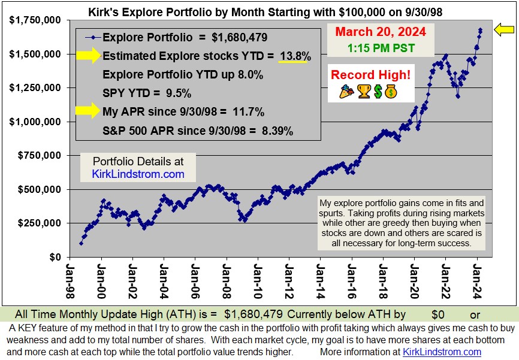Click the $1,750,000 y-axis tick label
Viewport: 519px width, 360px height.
pos(35,20)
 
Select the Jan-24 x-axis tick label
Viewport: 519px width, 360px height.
pos(477,279)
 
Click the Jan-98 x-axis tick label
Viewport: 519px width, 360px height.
pos(70,279)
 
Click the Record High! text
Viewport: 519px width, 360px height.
pos(370,75)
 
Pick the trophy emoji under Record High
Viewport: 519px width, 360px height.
pos(363,92)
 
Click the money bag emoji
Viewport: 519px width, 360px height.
pos(391,92)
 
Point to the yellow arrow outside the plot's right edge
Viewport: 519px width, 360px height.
pos(505,29)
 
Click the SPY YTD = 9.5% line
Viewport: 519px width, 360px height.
pos(147,93)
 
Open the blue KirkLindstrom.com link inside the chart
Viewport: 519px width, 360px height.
pos(138,174)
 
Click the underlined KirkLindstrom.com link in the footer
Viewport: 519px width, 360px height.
pos(442,352)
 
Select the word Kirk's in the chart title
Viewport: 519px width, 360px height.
pos(104,11)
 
